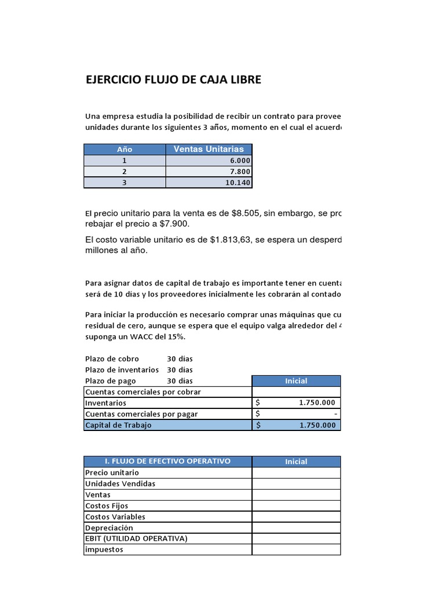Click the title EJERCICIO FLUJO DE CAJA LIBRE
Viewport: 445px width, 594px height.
pos(173,79)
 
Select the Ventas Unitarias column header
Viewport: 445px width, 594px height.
pos(209,149)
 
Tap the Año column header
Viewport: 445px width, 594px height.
pos(125,149)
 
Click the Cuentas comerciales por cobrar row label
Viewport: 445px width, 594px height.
pos(143,392)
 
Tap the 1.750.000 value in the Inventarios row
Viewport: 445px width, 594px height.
pos(316,403)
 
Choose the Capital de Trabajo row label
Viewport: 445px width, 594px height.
pos(118,425)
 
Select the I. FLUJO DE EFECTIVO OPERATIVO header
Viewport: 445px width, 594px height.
pos(167,461)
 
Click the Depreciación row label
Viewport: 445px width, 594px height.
pos(109,528)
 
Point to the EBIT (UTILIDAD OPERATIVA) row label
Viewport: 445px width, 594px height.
pos(136,538)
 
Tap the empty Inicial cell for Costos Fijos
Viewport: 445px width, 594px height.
pos(296,506)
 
